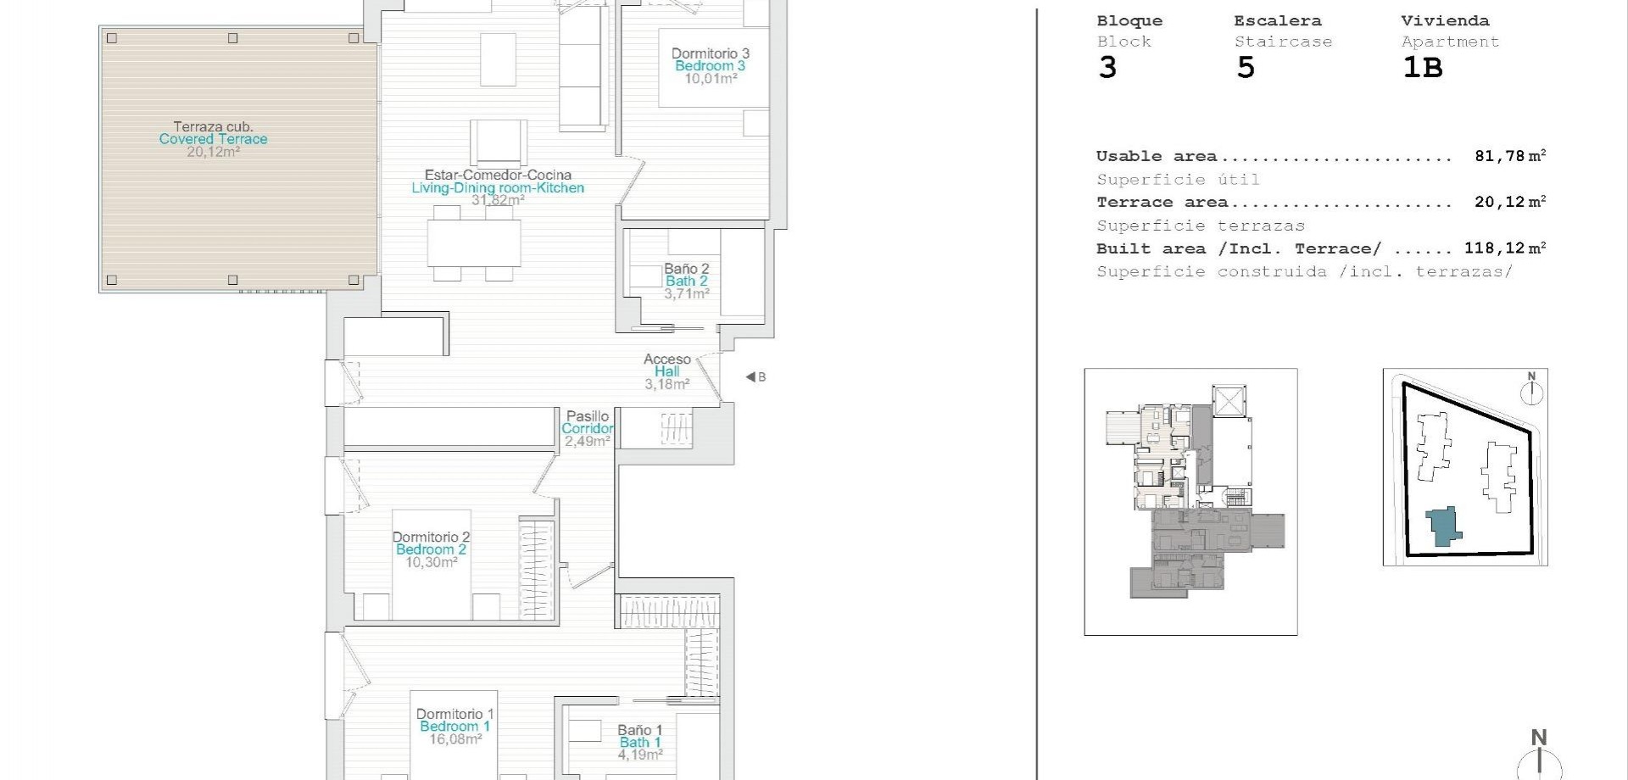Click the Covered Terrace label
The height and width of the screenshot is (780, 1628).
213,139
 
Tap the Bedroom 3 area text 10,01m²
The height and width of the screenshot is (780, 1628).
711,79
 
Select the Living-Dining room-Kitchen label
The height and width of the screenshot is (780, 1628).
498,188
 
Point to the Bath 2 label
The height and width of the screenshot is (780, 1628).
686,281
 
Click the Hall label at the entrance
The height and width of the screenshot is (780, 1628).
666,371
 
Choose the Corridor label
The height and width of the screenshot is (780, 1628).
587,429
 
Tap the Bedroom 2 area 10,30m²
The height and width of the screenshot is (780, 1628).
431,562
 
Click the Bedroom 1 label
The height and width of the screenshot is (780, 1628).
454,727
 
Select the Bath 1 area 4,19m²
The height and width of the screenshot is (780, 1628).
640,754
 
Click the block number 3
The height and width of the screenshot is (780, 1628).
1107,68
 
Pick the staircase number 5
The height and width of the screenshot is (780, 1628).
1245,68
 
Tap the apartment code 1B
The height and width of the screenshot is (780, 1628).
1422,68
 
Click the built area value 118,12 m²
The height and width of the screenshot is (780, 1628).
1504,248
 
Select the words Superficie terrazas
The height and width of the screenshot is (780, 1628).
1200,226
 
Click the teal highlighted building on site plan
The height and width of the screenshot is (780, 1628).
1442,526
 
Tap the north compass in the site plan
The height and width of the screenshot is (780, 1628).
1531,391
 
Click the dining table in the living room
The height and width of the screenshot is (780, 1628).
474,243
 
